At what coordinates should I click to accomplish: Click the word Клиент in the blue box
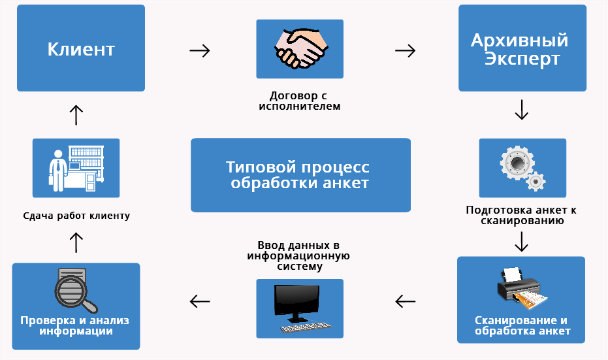pyautogui.click(x=81, y=49)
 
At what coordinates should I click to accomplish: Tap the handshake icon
pyautogui.click(x=301, y=49)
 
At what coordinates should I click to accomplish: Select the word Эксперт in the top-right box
pyautogui.click(x=522, y=59)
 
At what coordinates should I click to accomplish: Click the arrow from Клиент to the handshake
pyautogui.click(x=200, y=50)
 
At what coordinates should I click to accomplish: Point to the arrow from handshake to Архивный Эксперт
pyautogui.click(x=405, y=50)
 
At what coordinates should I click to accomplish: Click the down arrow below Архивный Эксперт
pyautogui.click(x=522, y=110)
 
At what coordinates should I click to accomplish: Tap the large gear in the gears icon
pyautogui.click(x=517, y=162)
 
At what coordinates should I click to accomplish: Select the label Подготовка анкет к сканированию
pyautogui.click(x=522, y=216)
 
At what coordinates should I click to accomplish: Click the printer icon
pyautogui.click(x=522, y=288)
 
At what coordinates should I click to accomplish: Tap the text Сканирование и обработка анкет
pyautogui.click(x=522, y=326)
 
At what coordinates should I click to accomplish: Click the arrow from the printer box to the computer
pyautogui.click(x=405, y=301)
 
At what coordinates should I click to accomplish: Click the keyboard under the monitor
pyautogui.click(x=306, y=327)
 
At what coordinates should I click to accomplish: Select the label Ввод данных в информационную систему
pyautogui.click(x=298, y=255)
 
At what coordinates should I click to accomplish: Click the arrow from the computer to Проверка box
pyautogui.click(x=200, y=301)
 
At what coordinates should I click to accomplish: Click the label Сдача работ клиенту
pyautogui.click(x=76, y=216)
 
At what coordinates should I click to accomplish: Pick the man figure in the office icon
pyautogui.click(x=57, y=171)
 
